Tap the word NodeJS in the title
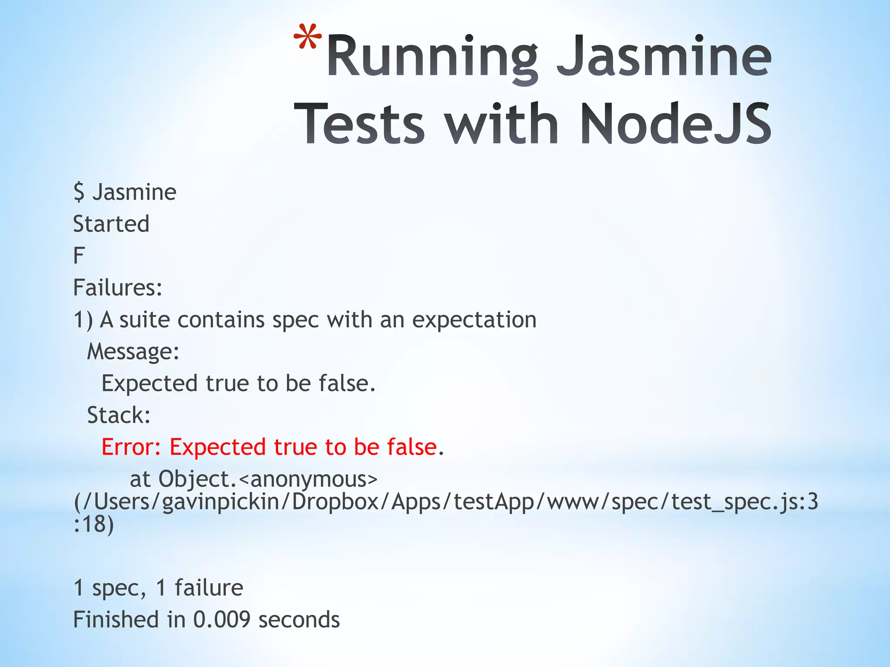(x=675, y=123)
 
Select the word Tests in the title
(x=360, y=123)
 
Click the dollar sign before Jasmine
(x=79, y=192)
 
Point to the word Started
(x=111, y=224)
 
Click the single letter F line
(x=79, y=256)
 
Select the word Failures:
(x=118, y=287)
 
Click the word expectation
(x=474, y=320)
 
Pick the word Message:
(x=133, y=351)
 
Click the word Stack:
(x=119, y=415)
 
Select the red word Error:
(x=131, y=447)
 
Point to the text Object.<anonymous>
(x=268, y=479)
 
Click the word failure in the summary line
(x=209, y=588)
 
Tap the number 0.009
(x=222, y=620)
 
